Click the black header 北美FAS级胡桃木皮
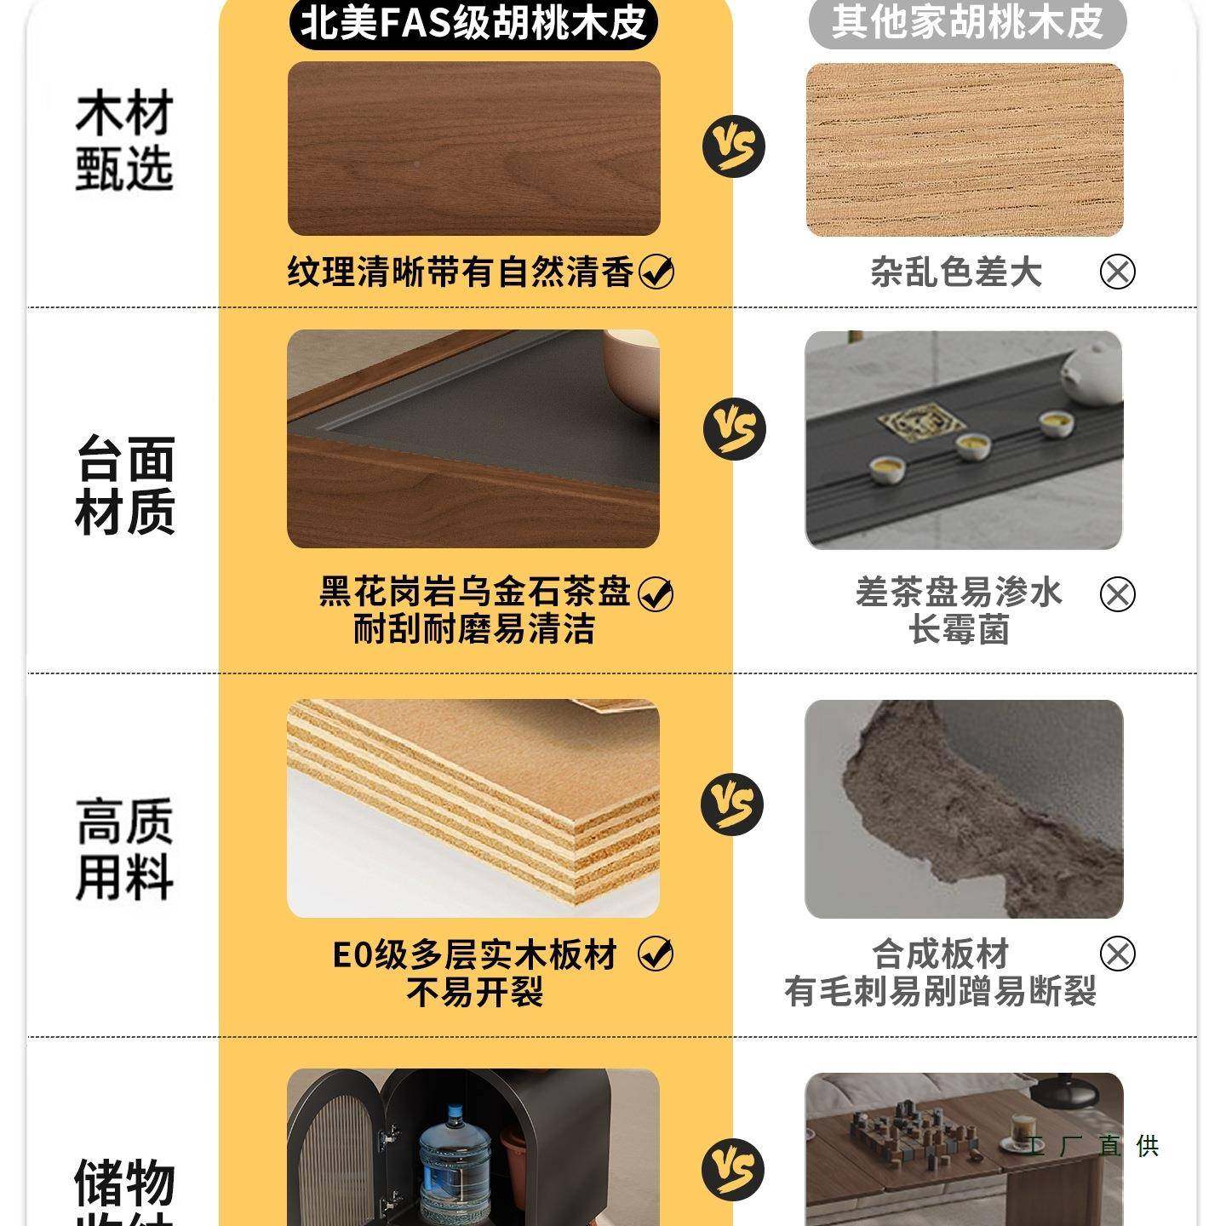pyautogui.click(x=474, y=23)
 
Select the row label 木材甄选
pyautogui.click(x=124, y=140)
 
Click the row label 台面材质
pyautogui.click(x=125, y=485)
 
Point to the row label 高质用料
pyautogui.click(x=124, y=849)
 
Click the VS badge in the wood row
pyautogui.click(x=733, y=146)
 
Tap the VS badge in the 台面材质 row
pyautogui.click(x=734, y=428)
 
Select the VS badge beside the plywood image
pyautogui.click(x=732, y=805)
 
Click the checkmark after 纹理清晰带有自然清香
pyautogui.click(x=656, y=272)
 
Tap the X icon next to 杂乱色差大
pyautogui.click(x=1117, y=272)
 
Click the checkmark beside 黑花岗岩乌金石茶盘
pyautogui.click(x=655, y=593)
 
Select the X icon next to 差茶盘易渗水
pyautogui.click(x=1117, y=593)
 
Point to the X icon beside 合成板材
pyautogui.click(x=1117, y=954)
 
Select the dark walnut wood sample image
pyautogui.click(x=473, y=149)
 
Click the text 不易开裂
pyautogui.click(x=474, y=993)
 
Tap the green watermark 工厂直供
pyautogui.click(x=1092, y=1146)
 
